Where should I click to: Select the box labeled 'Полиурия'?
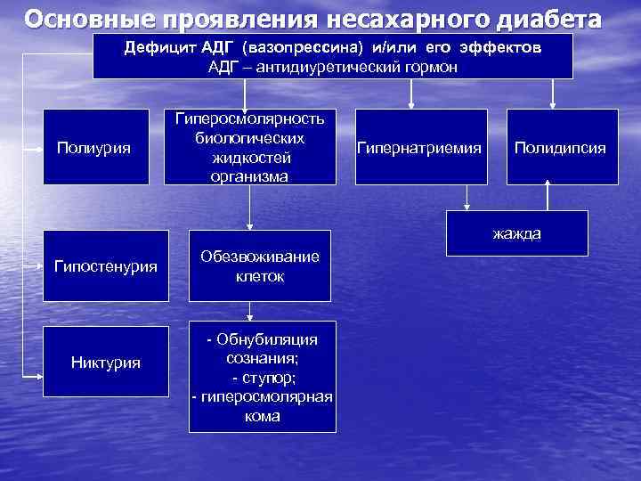click(x=94, y=147)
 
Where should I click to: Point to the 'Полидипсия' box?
click(x=562, y=147)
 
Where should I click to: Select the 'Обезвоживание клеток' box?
click(x=259, y=265)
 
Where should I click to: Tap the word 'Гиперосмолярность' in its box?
click(x=250, y=118)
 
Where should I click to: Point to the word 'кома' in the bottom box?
click(x=262, y=416)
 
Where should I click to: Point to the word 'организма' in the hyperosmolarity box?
click(x=250, y=176)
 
